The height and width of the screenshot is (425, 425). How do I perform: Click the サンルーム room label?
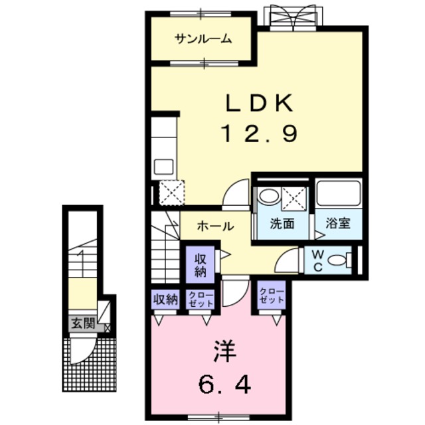point(203,39)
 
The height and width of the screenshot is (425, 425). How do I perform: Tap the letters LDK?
point(258,104)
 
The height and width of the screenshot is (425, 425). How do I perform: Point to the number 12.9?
point(258,135)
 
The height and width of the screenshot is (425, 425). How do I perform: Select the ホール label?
point(214,226)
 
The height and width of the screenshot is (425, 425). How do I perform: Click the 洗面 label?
point(282,224)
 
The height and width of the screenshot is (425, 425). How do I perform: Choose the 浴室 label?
point(339,224)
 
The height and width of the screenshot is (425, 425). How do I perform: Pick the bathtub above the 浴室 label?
point(338,193)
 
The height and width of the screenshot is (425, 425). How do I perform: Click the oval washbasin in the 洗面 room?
point(269,196)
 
